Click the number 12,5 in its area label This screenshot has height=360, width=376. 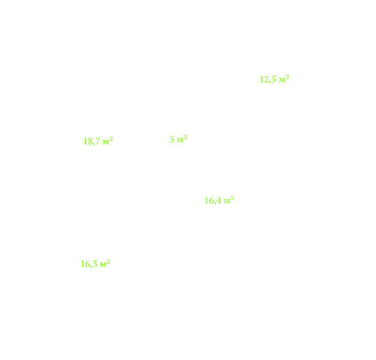[x=268, y=79]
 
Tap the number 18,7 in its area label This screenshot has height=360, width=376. [x=92, y=141]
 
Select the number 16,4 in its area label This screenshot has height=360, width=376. [x=213, y=201]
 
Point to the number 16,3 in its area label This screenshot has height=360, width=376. [x=89, y=264]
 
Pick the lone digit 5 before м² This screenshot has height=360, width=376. [x=172, y=139]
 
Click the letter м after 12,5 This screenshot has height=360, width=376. [x=282, y=80]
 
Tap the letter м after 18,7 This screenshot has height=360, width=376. [x=106, y=142]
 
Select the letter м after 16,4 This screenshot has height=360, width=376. [x=227, y=201]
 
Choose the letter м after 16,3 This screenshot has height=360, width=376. [x=103, y=264]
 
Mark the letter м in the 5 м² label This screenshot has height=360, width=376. [x=180, y=140]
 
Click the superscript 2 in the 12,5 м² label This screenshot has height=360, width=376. [x=287, y=77]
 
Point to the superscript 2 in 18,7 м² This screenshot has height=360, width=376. [x=111, y=139]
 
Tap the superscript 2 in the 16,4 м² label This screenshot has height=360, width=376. [x=232, y=198]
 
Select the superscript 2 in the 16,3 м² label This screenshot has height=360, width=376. [x=108, y=262]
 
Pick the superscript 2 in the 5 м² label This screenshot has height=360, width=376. [x=185, y=137]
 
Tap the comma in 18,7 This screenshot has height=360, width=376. [x=94, y=144]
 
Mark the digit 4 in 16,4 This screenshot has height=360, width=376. [x=219, y=201]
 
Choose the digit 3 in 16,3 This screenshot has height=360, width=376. [x=95, y=264]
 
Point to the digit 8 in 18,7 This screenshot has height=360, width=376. [x=89, y=141]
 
